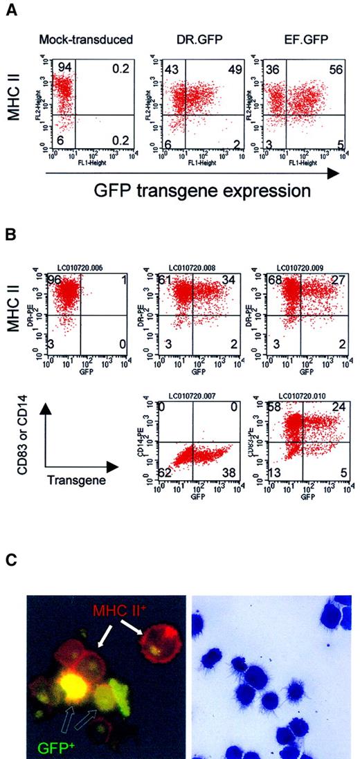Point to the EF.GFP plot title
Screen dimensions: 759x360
[290, 44]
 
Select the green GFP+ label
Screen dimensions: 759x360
[48, 742]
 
